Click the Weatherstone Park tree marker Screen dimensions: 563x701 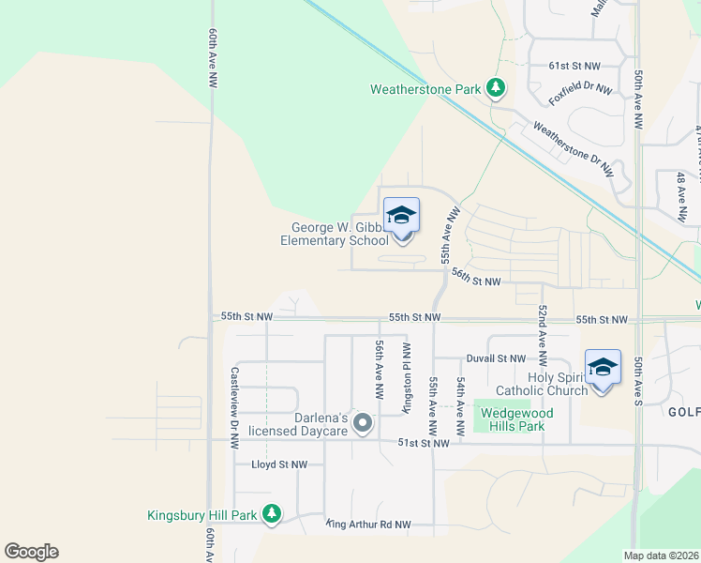496,90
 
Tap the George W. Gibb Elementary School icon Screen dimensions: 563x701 401,217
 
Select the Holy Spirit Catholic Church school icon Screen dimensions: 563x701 603,367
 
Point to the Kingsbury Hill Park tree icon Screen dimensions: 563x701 271,514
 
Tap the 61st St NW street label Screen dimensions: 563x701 574,67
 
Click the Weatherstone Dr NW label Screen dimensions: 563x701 573,150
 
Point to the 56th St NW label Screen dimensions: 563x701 475,278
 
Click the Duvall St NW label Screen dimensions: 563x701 496,358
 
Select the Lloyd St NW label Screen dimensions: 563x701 279,464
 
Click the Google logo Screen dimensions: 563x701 31,552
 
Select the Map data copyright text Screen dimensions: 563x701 662,555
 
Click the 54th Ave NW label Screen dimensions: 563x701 461,405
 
